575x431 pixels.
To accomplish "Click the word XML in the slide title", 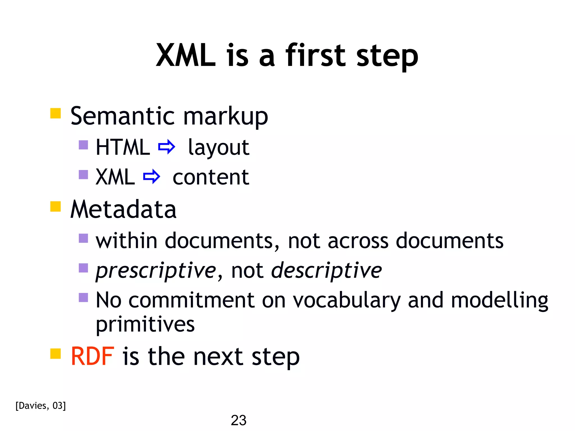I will point(186,56).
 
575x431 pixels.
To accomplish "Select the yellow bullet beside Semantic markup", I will point(56,113).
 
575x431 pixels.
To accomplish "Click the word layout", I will point(218,148).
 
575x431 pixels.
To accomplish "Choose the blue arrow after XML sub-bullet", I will point(152,176).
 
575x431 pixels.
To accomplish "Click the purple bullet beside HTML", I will point(83,145).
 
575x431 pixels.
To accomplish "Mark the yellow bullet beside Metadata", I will point(56,207).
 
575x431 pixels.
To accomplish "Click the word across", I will point(358,241).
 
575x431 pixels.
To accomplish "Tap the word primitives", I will point(145,325).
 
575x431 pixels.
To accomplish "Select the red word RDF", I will point(92,356).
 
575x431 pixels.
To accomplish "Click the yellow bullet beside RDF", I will point(56,354).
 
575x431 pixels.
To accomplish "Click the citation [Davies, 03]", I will point(41,406).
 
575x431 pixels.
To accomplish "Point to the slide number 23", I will point(238,420).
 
